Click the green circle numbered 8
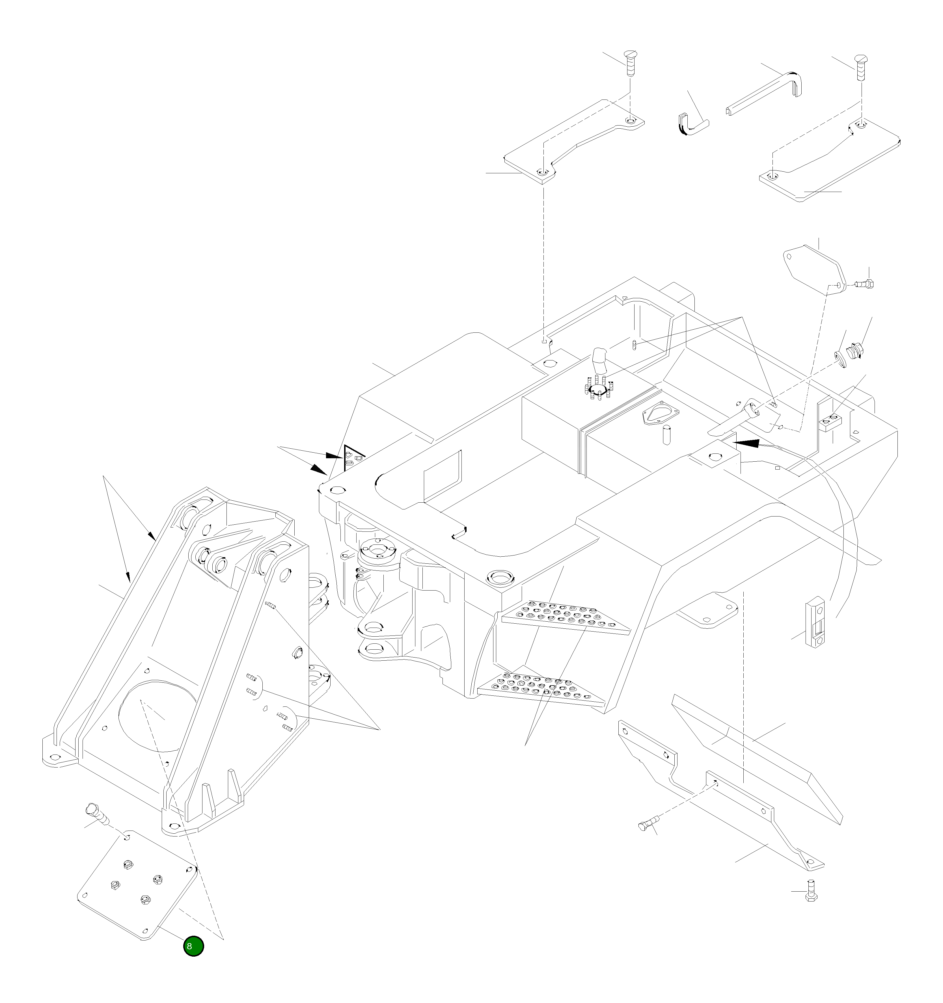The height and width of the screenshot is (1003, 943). [193, 946]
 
